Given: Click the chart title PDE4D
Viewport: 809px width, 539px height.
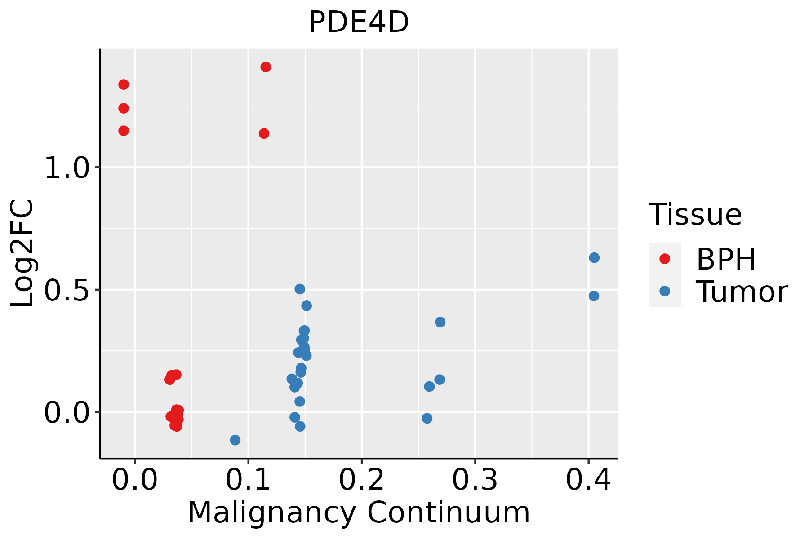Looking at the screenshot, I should (359, 22).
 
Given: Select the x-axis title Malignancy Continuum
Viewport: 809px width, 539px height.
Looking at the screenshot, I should (359, 512).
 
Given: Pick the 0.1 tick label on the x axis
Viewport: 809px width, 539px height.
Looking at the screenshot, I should (248, 480).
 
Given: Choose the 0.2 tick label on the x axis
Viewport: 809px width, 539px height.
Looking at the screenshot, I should (361, 480).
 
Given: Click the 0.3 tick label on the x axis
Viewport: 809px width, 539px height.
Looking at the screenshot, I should (475, 480).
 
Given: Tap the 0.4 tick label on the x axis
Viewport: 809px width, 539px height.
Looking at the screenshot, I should (588, 480).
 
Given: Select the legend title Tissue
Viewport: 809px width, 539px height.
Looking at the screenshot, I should (695, 215).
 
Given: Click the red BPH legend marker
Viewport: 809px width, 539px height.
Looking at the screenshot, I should (664, 259).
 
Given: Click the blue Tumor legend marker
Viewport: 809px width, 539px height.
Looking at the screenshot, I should (664, 291).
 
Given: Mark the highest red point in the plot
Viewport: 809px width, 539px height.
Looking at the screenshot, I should (266, 67).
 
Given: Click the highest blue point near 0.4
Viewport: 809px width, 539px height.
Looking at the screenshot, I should (594, 258).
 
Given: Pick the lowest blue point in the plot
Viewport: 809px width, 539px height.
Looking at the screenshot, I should (235, 440).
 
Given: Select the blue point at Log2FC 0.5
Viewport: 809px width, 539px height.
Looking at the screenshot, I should (300, 289).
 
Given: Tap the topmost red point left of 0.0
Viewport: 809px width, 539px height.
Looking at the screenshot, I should (124, 84).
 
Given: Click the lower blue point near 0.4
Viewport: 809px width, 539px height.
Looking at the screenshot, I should (594, 296).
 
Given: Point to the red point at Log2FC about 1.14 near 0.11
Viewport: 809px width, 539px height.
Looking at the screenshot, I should (264, 133).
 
